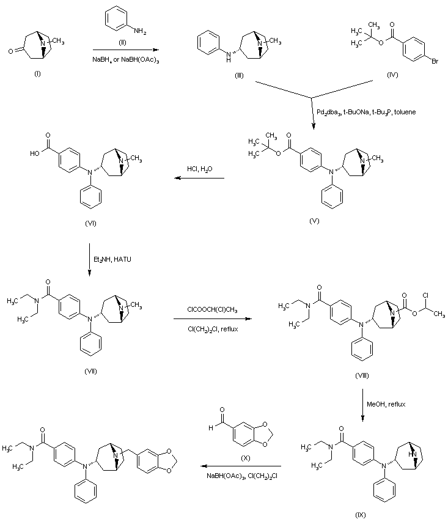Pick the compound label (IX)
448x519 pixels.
tap(361, 514)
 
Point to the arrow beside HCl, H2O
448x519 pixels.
tap(199, 179)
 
